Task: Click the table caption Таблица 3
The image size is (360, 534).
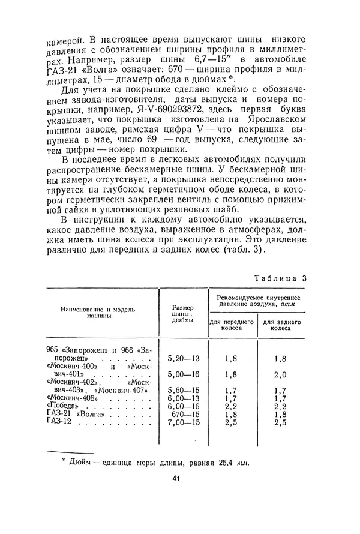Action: [280, 278]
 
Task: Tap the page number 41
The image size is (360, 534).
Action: [176, 478]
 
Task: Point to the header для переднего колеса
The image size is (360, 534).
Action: [232, 325]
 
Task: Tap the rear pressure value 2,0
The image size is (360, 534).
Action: [280, 374]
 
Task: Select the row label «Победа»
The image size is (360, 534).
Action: [65, 406]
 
